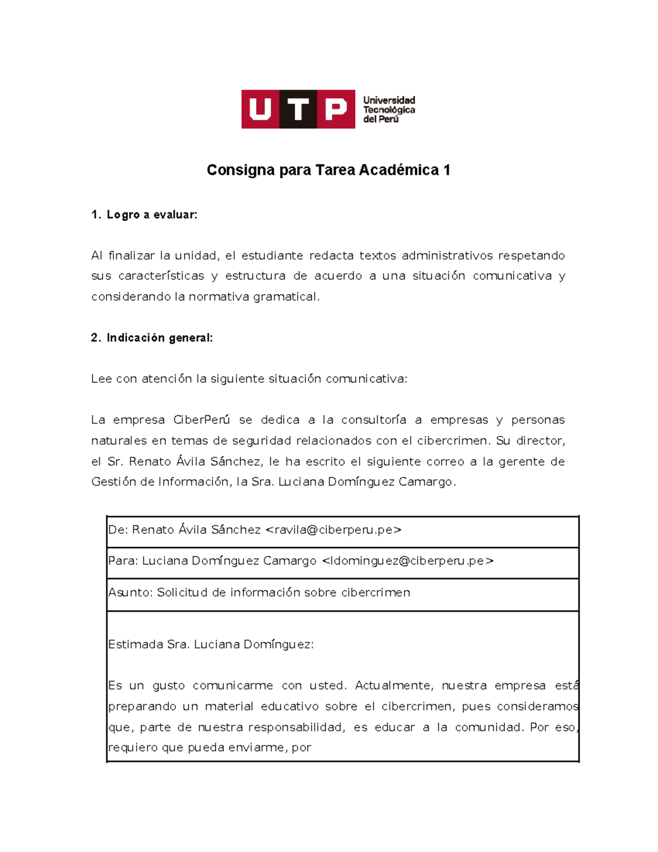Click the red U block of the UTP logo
coord(260,109)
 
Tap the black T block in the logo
coord(298,109)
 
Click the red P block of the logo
coord(336,109)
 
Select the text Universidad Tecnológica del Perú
coord(389,110)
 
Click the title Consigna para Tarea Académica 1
coord(328,170)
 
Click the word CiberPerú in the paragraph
coord(201,420)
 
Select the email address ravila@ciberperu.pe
coord(333,530)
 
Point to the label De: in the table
coord(118,530)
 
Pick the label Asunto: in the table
coord(131,593)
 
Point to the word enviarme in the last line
coord(261,748)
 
